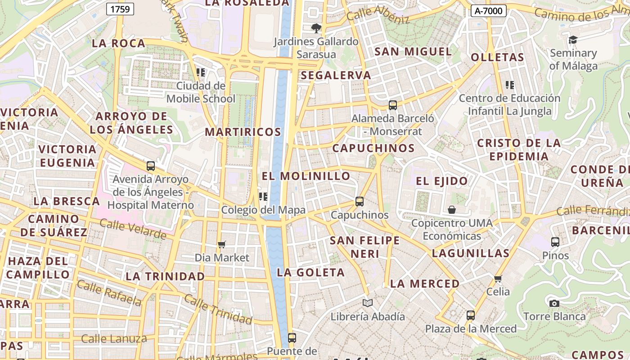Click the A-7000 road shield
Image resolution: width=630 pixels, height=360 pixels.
tap(489, 11)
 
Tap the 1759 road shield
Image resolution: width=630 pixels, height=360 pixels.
tap(121, 9)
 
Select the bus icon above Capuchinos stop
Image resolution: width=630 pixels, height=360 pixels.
tap(359, 201)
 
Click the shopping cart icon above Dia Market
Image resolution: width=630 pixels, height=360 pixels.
tap(221, 244)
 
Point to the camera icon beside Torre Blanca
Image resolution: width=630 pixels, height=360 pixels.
tap(554, 303)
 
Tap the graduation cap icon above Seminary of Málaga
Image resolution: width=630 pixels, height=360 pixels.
tap(573, 40)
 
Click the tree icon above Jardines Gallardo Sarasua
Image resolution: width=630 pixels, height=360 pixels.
tap(316, 28)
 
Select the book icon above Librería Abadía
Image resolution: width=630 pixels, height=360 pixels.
tap(368, 303)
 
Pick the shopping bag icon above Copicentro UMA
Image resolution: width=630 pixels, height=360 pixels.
tap(452, 210)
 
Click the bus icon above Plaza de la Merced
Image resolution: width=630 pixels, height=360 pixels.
tap(471, 315)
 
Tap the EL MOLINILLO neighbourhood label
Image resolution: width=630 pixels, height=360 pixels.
tap(306, 176)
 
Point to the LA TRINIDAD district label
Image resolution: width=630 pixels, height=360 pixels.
tap(165, 276)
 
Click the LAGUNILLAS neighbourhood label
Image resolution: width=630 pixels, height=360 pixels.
tap(470, 253)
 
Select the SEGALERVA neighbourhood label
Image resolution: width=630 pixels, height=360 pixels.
tap(336, 75)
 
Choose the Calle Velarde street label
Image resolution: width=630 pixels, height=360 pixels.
tap(133, 229)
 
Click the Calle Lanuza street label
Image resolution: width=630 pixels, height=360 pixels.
tap(114, 338)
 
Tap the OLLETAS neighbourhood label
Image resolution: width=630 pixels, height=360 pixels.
tap(497, 57)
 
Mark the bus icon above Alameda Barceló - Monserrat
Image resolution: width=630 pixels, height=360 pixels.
tap(393, 105)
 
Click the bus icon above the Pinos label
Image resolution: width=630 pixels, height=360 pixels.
tap(555, 242)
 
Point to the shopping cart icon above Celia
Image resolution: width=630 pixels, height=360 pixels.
tap(498, 279)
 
